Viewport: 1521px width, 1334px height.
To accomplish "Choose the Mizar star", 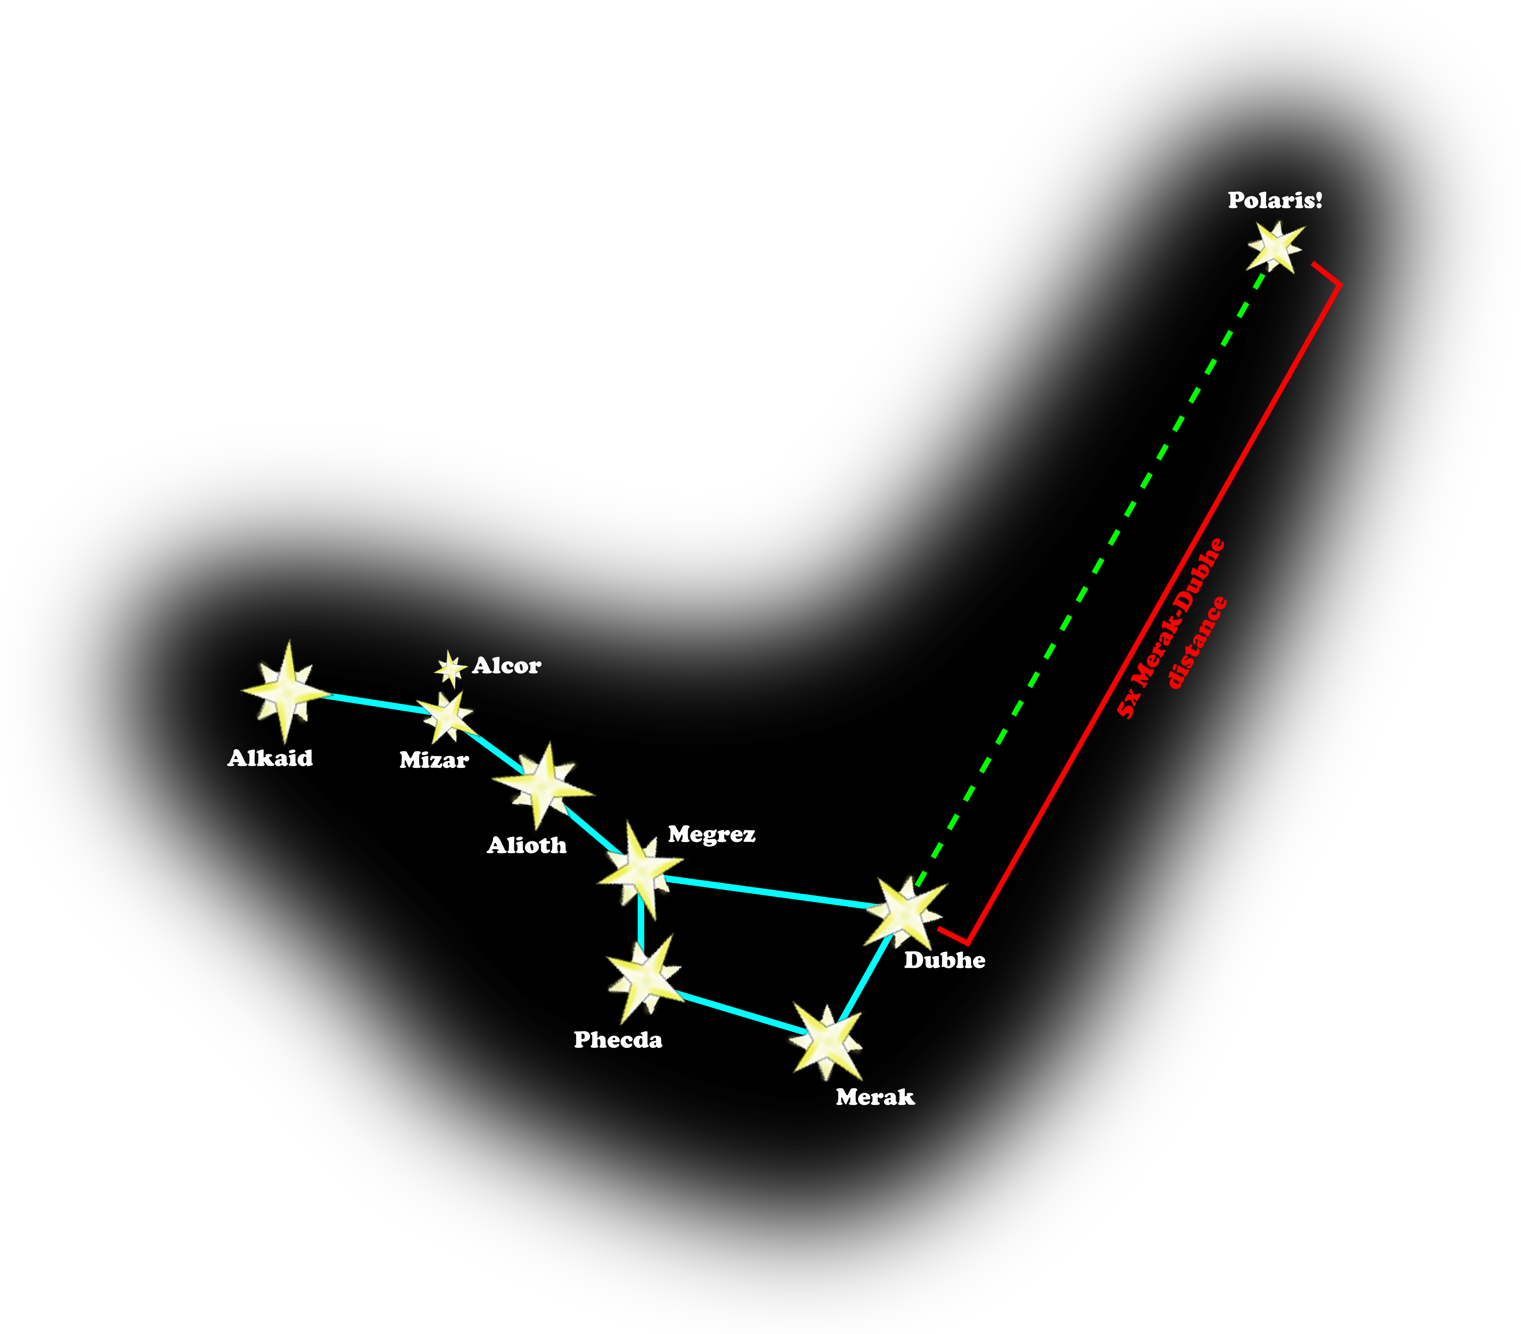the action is coord(447,717).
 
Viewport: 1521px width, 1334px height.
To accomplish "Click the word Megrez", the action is coord(711,835).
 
